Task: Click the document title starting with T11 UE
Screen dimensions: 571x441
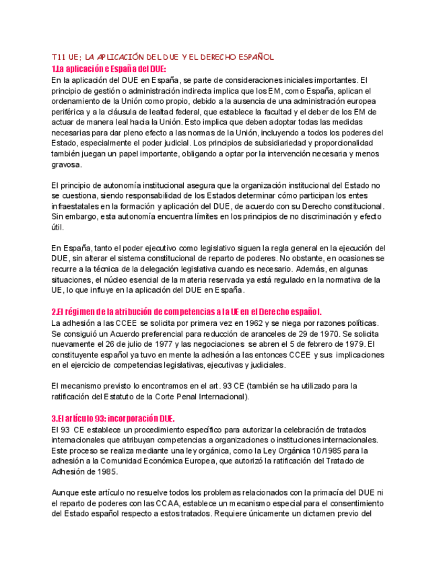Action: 162,57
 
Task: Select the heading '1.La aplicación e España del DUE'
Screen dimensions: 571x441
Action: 108,69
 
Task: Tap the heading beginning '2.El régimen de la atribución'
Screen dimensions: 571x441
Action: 186,312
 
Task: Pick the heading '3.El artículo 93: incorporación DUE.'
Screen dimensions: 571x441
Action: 112,419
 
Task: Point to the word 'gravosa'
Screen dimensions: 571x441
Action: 66,165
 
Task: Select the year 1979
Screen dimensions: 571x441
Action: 353,344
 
